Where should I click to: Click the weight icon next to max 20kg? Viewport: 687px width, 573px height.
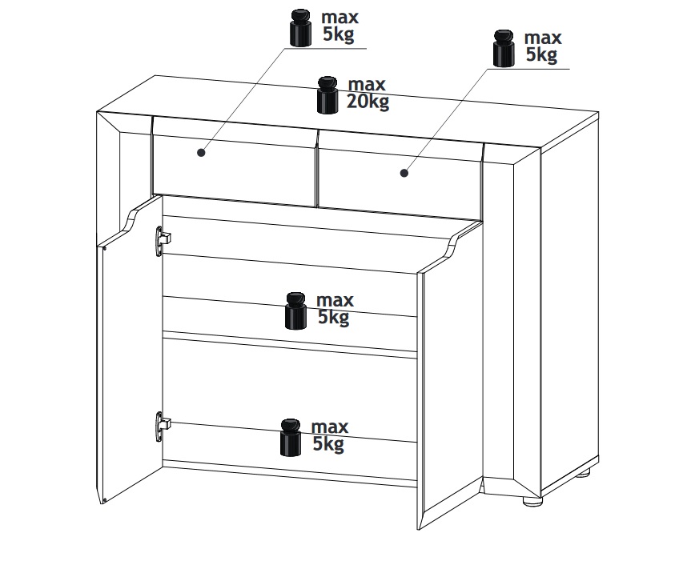click(327, 95)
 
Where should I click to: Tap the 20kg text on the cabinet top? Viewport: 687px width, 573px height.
click(368, 102)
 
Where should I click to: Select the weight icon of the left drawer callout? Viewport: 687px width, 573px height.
click(300, 27)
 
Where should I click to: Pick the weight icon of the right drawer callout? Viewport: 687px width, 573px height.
click(504, 48)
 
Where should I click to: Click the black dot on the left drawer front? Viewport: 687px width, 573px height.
click(201, 152)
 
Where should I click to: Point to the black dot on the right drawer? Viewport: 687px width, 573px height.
click(404, 173)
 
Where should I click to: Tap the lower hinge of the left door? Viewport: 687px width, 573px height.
click(163, 427)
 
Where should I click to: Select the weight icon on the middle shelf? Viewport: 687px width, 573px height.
click(295, 311)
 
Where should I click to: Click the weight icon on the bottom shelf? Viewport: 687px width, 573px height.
click(291, 437)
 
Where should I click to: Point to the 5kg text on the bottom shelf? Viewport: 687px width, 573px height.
click(328, 444)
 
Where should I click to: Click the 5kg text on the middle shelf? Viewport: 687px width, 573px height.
click(333, 317)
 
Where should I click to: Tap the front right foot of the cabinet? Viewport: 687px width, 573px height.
click(532, 501)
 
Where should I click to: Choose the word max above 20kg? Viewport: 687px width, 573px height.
click(367, 84)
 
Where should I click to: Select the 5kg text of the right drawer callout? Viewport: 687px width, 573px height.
click(541, 54)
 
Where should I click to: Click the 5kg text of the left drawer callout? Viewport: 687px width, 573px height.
click(339, 34)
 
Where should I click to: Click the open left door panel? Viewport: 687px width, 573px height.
click(129, 351)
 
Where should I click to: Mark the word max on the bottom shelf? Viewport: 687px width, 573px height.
click(330, 427)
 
